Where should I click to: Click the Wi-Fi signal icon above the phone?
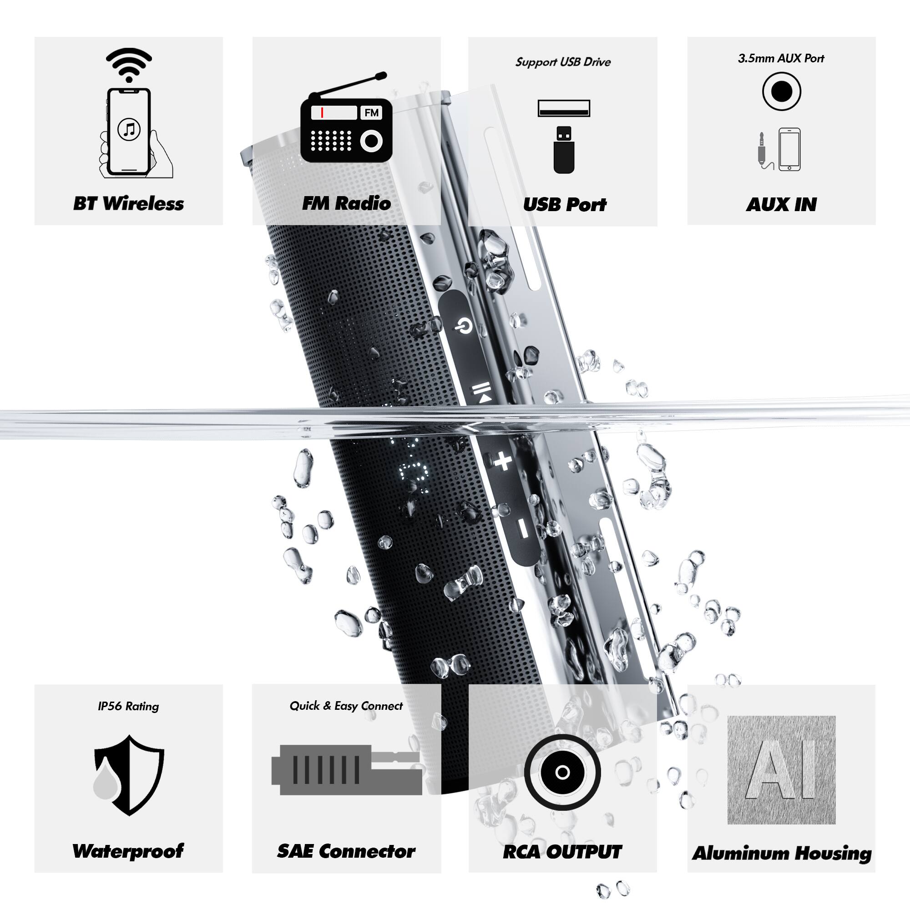point(129,64)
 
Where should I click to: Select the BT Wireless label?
point(129,203)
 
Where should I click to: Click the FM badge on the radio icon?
point(372,112)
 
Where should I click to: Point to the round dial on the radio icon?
point(372,141)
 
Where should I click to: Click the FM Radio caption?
point(346,203)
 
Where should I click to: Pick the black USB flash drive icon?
point(564,149)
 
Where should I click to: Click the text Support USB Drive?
point(563,62)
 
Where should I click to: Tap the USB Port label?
point(564,204)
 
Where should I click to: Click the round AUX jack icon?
point(781,91)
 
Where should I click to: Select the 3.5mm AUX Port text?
point(781,58)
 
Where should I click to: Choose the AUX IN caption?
point(781,204)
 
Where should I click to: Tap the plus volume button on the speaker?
point(503,460)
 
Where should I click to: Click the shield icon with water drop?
point(129,774)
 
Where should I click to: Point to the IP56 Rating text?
point(129,707)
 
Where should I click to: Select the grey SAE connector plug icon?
point(346,770)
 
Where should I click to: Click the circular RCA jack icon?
point(562,773)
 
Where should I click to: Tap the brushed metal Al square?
point(781,770)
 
